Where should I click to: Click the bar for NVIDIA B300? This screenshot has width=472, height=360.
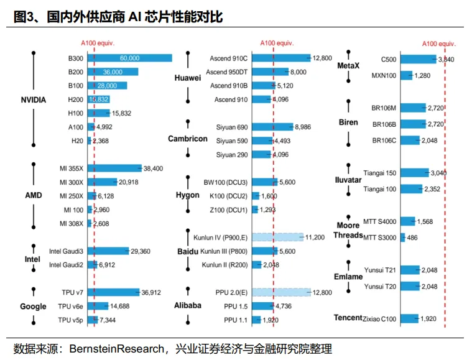coord(129,58)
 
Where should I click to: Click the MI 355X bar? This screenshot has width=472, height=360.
coord(114,168)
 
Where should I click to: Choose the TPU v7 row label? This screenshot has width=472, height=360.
coord(70,292)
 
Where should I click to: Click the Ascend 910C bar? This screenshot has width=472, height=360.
coord(291,58)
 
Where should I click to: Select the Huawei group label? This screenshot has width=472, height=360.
coord(187,78)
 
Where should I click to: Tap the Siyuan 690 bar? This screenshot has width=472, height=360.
coord(282,127)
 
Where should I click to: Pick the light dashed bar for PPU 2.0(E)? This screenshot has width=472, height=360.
coord(291,292)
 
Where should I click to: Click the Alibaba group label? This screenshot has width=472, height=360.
coord(187,305)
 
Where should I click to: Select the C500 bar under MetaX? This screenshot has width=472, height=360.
coord(418,59)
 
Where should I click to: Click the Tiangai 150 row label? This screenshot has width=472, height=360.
coord(379,172)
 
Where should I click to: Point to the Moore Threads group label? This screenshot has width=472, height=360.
coord(348,231)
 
